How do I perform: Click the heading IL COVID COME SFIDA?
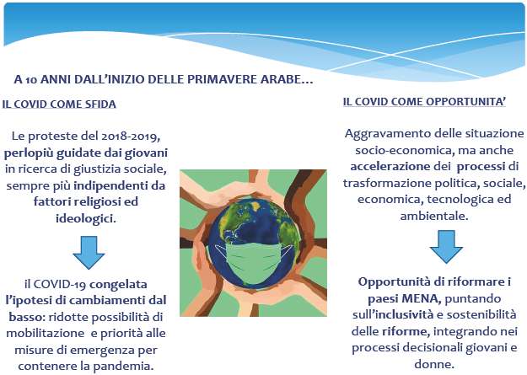(x=59, y=104)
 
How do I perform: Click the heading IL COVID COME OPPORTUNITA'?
(x=424, y=101)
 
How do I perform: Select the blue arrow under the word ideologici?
(x=89, y=252)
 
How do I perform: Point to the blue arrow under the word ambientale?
(x=446, y=246)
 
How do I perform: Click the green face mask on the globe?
(x=254, y=264)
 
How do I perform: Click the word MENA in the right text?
(x=421, y=298)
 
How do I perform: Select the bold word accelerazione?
(x=390, y=166)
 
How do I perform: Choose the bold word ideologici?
(x=86, y=218)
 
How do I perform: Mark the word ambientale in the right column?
(x=434, y=216)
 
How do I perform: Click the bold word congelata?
(x=118, y=284)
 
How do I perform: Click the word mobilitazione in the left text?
(x=45, y=334)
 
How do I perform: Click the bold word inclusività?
(x=405, y=315)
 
